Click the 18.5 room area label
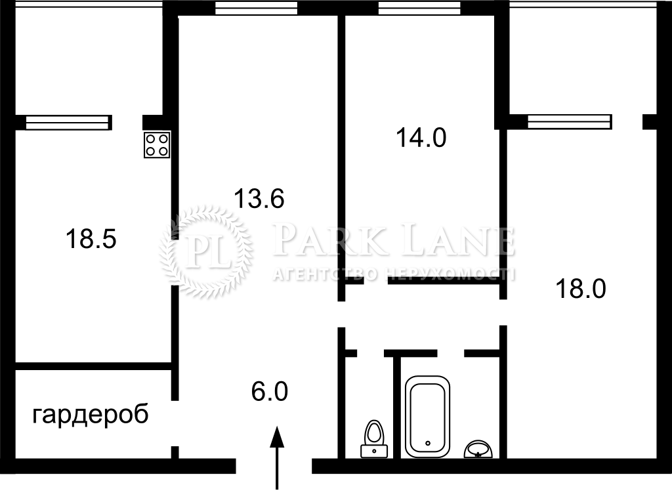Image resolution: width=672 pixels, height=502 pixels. [x=91, y=239]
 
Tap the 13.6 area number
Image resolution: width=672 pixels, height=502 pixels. [x=259, y=199]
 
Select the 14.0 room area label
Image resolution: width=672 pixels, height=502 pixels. [x=421, y=138]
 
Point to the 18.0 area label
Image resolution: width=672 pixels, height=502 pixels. [x=581, y=289]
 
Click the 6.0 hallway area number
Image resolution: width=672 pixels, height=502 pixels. [x=270, y=392]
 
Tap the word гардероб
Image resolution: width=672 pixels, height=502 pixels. [x=91, y=415]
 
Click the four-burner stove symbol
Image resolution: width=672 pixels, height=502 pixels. [x=157, y=145]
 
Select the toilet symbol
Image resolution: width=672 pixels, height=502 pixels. [x=374, y=438]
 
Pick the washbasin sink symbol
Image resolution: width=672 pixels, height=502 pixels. [x=478, y=449]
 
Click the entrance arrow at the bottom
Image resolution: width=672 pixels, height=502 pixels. [x=278, y=457]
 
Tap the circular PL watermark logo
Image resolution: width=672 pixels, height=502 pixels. [x=206, y=251]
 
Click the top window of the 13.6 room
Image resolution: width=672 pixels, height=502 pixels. [x=257, y=8]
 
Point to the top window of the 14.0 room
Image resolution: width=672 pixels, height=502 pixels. [x=419, y=8]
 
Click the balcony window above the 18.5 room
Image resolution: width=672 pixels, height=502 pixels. [x=67, y=123]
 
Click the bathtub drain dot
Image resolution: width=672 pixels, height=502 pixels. [x=427, y=443]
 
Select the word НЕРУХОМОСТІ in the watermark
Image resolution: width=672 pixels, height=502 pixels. [x=450, y=274]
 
